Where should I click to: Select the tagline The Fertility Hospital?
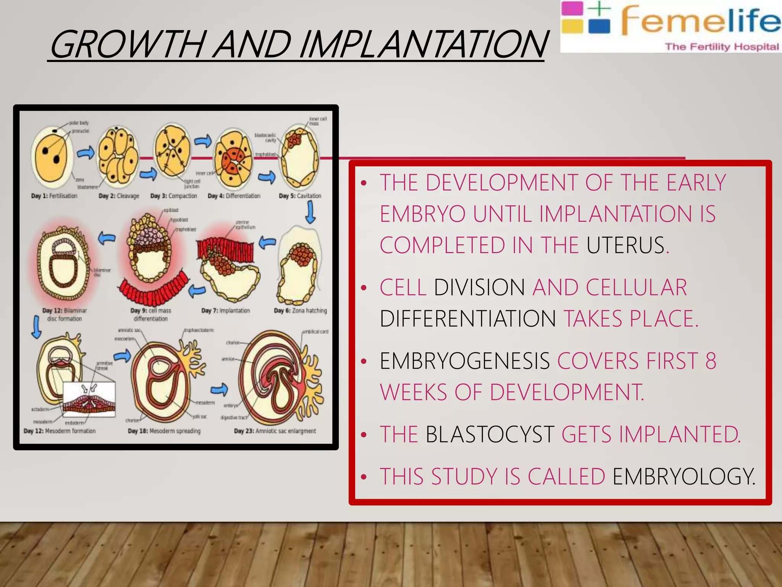pyautogui.click(x=722, y=47)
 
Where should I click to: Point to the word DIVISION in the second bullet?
pyautogui.click(x=479, y=287)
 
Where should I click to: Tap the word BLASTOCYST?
pyautogui.click(x=490, y=435)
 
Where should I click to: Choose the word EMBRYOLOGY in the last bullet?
pyautogui.click(x=683, y=477)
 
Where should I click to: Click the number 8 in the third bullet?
pyautogui.click(x=711, y=361)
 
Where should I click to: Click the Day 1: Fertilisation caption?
pyautogui.click(x=54, y=196)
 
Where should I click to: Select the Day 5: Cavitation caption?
pyautogui.click(x=300, y=196)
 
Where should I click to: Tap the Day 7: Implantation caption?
pyautogui.click(x=226, y=311)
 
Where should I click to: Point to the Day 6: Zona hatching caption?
pyautogui.click(x=301, y=311)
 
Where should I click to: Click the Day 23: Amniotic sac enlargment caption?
pyautogui.click(x=275, y=431)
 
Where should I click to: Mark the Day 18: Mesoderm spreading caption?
pyautogui.click(x=164, y=431)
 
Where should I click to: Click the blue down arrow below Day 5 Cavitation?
pyautogui.click(x=311, y=212)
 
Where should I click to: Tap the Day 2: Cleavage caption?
pyautogui.click(x=119, y=196)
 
